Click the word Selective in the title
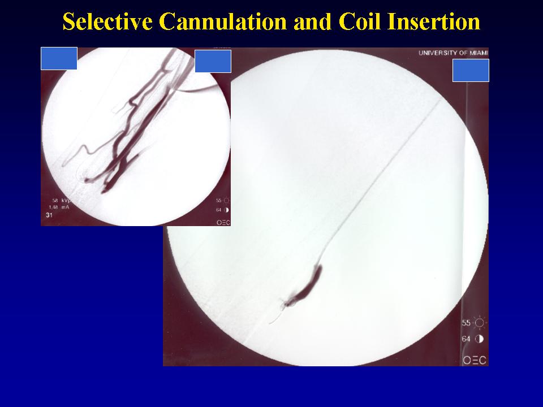[107, 21]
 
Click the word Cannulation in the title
[223, 21]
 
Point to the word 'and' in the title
[313, 21]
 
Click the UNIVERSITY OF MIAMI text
[453, 53]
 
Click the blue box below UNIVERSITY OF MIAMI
[471, 70]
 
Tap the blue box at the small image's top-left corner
[59, 58]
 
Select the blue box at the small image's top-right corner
[213, 61]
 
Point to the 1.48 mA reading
[59, 207]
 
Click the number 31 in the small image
[49, 215]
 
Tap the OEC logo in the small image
[223, 223]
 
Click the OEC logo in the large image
[475, 360]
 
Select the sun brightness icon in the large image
[480, 323]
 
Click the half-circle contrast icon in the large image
[479, 339]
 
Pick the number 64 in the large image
[466, 339]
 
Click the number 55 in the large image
[466, 323]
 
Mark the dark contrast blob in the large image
[307, 286]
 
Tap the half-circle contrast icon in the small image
[227, 210]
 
